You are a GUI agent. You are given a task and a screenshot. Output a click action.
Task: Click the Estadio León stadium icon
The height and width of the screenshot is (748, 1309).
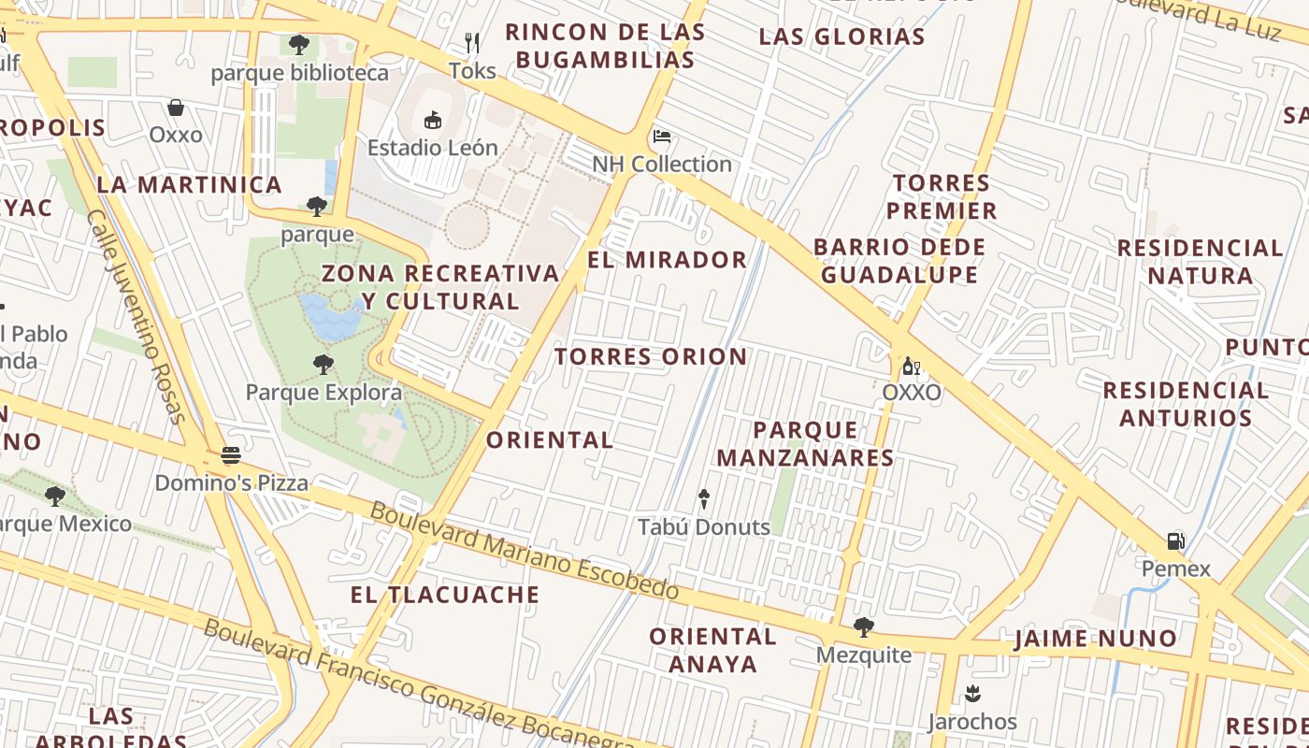432,120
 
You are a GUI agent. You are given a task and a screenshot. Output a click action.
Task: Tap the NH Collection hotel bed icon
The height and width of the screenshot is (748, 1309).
662,137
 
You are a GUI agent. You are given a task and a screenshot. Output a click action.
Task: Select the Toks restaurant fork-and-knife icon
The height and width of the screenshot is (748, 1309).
472,43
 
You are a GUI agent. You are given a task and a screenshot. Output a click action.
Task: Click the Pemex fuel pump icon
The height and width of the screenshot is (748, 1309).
1175,540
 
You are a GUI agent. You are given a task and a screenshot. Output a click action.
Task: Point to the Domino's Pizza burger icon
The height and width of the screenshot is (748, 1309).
231,455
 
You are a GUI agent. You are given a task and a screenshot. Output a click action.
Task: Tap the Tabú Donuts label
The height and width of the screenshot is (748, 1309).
704,526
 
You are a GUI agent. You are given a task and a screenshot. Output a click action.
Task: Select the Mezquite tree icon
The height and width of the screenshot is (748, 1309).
863,626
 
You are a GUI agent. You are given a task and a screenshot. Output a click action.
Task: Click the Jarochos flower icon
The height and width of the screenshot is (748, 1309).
972,694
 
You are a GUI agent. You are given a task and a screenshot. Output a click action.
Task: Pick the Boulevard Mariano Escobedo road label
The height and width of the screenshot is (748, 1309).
524,552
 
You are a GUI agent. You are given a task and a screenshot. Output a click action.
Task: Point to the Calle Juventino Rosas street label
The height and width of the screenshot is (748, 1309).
137,316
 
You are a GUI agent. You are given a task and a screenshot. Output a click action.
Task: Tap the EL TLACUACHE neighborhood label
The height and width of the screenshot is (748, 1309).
445,595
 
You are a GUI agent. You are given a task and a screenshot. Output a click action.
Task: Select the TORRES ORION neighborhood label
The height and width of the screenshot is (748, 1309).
651,356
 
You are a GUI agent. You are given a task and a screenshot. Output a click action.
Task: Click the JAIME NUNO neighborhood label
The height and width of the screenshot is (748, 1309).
1096,640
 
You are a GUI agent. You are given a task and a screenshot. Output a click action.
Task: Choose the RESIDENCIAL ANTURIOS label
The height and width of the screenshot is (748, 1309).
1186,404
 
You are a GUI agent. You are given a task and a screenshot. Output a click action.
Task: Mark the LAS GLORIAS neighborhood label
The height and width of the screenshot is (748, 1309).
841,37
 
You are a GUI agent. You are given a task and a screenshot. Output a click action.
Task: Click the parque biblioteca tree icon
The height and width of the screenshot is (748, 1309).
299,44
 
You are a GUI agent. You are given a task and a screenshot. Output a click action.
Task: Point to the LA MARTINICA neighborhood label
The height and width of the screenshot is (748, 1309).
189,184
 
